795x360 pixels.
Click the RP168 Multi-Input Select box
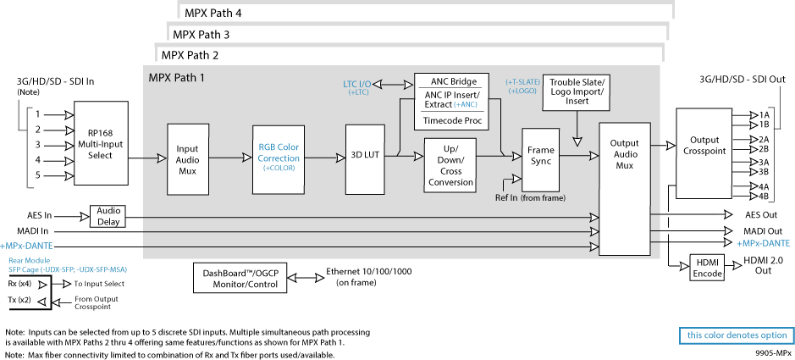(101, 143)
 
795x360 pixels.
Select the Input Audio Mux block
(187, 159)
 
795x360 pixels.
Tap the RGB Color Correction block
(279, 158)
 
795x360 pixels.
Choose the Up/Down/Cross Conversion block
(450, 165)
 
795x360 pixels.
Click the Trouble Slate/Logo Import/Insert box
(577, 91)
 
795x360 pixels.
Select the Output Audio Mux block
(625, 189)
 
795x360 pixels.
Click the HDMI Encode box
(707, 269)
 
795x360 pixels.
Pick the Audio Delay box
(108, 217)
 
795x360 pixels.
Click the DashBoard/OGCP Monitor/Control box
(240, 279)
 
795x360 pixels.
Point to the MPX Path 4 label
(213, 14)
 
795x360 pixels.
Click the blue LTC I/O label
(358, 84)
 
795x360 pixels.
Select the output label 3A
(764, 163)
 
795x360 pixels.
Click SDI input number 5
(38, 176)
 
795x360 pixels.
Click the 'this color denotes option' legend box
(737, 335)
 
